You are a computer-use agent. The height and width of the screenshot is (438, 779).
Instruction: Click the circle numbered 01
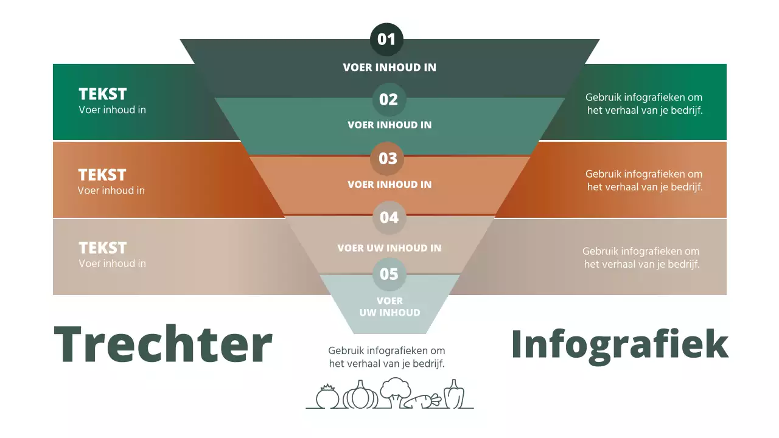386,40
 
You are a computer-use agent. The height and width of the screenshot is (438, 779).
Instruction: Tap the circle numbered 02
388,99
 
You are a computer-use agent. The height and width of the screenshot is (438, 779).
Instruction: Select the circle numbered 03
388,158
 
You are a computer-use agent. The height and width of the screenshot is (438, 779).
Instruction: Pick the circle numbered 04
389,217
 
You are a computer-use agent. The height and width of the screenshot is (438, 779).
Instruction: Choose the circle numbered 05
389,274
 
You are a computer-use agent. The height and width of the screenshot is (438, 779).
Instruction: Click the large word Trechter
163,344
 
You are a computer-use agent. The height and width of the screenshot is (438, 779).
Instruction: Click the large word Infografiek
620,344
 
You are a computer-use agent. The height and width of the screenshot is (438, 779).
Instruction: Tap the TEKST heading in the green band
103,94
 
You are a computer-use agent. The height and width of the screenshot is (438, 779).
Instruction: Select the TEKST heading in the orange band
102,175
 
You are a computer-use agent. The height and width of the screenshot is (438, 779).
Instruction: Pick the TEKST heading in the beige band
103,248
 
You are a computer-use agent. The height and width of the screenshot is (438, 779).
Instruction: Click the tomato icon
327,397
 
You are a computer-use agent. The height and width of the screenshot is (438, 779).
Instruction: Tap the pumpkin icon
360,395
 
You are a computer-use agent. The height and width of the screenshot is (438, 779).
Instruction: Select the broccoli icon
396,392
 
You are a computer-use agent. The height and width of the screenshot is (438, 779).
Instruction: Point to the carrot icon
423,401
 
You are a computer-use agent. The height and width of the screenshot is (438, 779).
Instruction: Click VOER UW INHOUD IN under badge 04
389,248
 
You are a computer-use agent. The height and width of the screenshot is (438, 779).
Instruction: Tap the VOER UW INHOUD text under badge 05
389,307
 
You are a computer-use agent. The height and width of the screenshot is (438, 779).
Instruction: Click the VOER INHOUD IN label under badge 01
389,68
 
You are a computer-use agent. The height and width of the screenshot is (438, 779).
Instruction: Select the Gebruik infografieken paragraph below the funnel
386,357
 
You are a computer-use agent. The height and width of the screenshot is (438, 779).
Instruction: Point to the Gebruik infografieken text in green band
645,103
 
